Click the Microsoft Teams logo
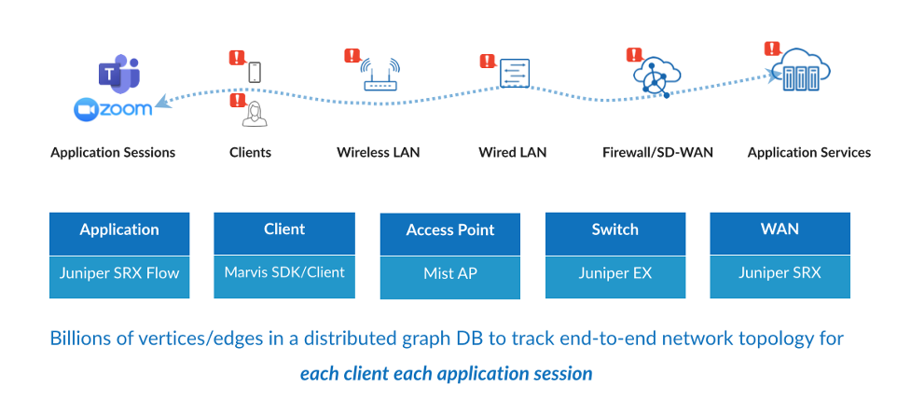119,74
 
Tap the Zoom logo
114,109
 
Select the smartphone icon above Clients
254,72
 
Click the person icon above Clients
255,114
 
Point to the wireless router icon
380,75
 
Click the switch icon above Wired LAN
515,73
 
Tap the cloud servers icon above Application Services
804,69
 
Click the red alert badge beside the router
352,56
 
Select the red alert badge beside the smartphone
237,58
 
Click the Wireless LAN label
379,153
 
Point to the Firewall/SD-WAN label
657,153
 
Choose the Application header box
119,234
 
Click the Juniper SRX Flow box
119,277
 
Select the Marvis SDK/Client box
284,276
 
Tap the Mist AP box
450,278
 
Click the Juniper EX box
615,277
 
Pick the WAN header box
780,233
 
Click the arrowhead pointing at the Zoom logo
162,102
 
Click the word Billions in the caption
74,338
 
